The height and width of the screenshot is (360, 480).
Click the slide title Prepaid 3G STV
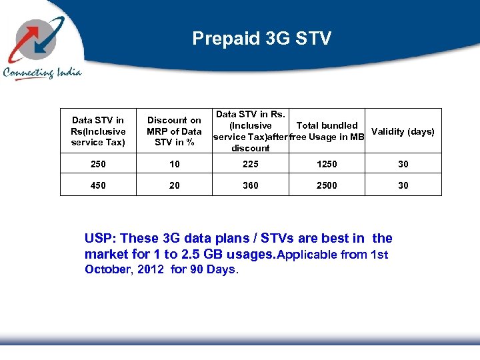(x=261, y=39)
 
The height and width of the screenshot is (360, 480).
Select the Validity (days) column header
(x=403, y=131)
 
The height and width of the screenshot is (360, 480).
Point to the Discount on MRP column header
(x=174, y=131)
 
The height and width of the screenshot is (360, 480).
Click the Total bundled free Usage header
(x=327, y=131)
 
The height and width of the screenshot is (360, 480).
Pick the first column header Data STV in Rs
(x=98, y=131)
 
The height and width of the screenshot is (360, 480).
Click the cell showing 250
(x=98, y=164)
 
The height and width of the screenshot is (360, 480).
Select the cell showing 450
(x=98, y=185)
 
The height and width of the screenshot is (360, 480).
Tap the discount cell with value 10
(x=174, y=164)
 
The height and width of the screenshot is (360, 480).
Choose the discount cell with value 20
(x=174, y=185)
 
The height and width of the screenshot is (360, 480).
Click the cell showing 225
(x=251, y=164)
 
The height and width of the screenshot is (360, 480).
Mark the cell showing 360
(x=251, y=185)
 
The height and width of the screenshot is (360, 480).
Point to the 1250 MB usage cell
(x=327, y=164)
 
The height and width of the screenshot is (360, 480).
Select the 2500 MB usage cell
(x=327, y=185)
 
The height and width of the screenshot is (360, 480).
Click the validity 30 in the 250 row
(x=403, y=164)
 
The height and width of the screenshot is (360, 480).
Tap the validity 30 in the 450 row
(x=403, y=185)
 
